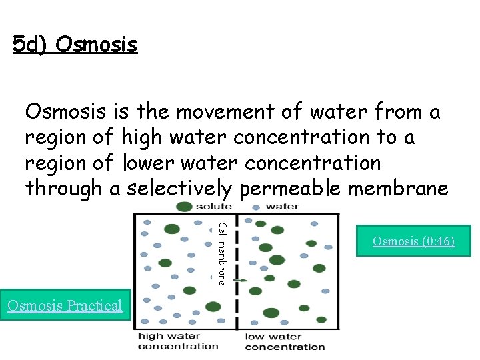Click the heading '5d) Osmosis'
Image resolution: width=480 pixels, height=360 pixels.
pos(75,45)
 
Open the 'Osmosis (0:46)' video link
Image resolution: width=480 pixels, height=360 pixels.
pos(413,241)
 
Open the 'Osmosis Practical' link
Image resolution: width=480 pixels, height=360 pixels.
pos(65,305)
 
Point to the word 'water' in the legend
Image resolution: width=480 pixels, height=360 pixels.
pos(282,207)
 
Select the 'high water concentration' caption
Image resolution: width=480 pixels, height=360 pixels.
pos(178,341)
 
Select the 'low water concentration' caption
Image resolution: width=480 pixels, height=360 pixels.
pos(285,341)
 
